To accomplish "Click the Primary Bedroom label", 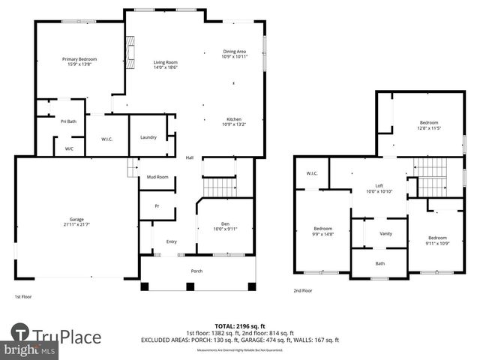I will click(x=79, y=59).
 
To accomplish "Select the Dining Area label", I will click(x=234, y=51).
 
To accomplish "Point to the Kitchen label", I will click(x=234, y=119).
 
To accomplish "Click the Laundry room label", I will click(x=148, y=137).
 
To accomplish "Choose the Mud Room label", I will click(x=157, y=177).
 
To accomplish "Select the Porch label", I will click(x=196, y=271).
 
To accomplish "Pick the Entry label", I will click(x=171, y=241).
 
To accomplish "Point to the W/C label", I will click(x=69, y=148).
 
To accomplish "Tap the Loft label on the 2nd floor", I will click(x=379, y=186).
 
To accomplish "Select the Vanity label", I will click(x=385, y=234).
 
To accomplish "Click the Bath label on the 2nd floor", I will click(x=380, y=263).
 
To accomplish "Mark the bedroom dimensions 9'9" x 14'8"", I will click(x=322, y=233).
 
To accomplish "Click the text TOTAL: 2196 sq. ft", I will click(x=239, y=326).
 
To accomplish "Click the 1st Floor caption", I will click(x=24, y=297).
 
